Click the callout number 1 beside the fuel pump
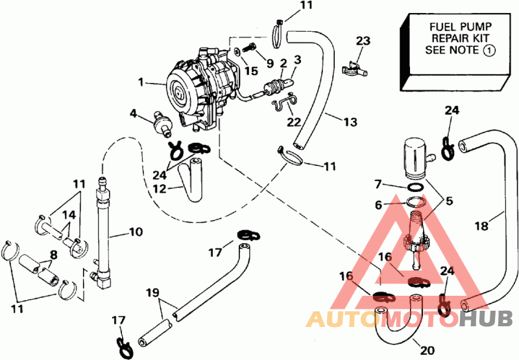pos(141,81)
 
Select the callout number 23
pos(363,42)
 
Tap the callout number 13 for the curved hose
pos(350,122)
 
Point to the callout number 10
pos(136,232)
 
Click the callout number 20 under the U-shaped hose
pos(428,350)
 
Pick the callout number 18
pos(481,226)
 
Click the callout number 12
pos(159,189)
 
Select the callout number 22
pos(294,122)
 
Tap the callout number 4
pos(133,114)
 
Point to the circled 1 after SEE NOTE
pos(490,51)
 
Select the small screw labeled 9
pos(250,48)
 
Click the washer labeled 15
pos(237,52)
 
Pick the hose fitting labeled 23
pos(354,69)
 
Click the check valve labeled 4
pos(161,125)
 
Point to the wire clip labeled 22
pos(284,101)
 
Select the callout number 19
pos(152,293)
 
